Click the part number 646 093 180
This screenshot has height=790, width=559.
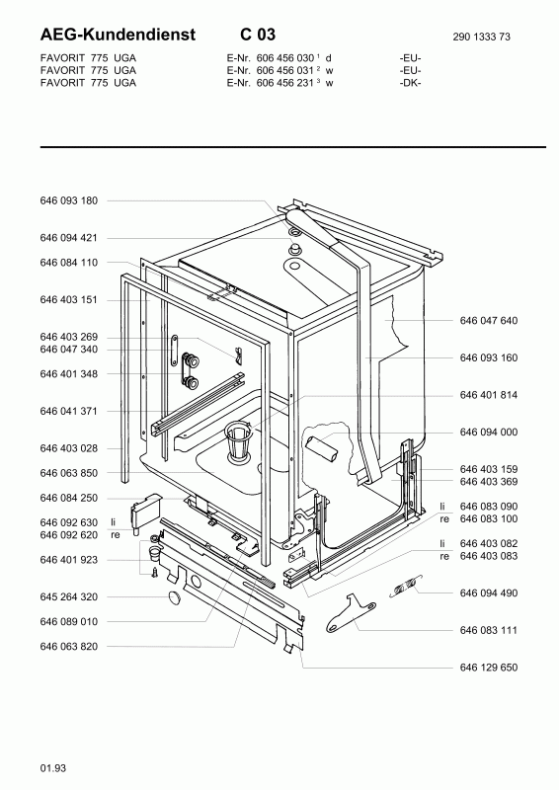pyautogui.click(x=68, y=200)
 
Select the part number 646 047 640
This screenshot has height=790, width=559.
pyautogui.click(x=489, y=320)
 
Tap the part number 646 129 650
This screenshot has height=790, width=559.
pyautogui.click(x=489, y=668)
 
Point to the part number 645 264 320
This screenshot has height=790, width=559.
pyautogui.click(x=68, y=597)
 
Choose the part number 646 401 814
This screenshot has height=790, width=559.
pyautogui.click(x=489, y=395)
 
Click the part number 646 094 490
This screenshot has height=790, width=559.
pyautogui.click(x=489, y=593)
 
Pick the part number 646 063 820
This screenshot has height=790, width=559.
pyautogui.click(x=68, y=647)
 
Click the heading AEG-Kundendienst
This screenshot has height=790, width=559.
pyautogui.click(x=118, y=35)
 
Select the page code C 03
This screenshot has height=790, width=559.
pyautogui.click(x=258, y=35)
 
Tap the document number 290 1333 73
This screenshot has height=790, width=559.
pyautogui.click(x=481, y=37)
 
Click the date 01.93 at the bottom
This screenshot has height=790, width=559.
pyautogui.click(x=53, y=768)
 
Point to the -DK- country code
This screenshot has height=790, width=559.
pyautogui.click(x=410, y=83)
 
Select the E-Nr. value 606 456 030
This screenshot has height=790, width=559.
pyautogui.click(x=284, y=58)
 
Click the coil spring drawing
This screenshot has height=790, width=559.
pyautogui.click(x=406, y=586)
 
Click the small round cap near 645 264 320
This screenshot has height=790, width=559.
pyautogui.click(x=175, y=597)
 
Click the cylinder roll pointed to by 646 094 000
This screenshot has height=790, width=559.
pyautogui.click(x=322, y=449)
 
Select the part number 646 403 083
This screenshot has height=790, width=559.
pyautogui.click(x=489, y=556)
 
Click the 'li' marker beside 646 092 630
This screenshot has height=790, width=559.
pyautogui.click(x=114, y=522)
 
